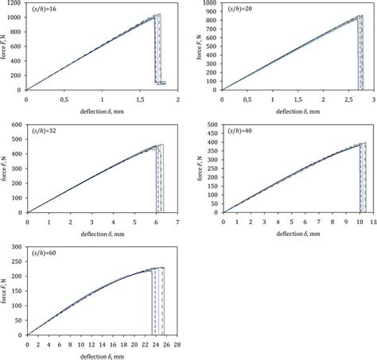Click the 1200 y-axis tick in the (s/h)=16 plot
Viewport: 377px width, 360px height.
pos(16,4)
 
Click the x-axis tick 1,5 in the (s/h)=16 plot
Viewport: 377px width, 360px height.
pos(140,99)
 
